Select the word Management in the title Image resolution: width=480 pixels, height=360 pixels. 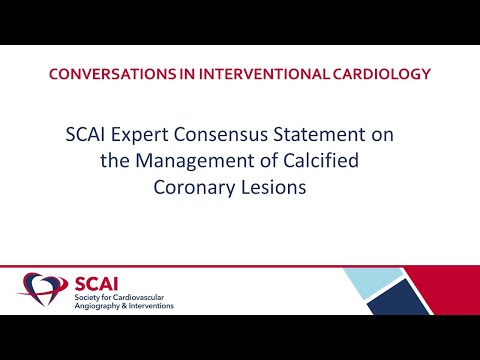(199, 161)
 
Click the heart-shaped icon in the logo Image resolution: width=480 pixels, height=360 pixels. (39, 290)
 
